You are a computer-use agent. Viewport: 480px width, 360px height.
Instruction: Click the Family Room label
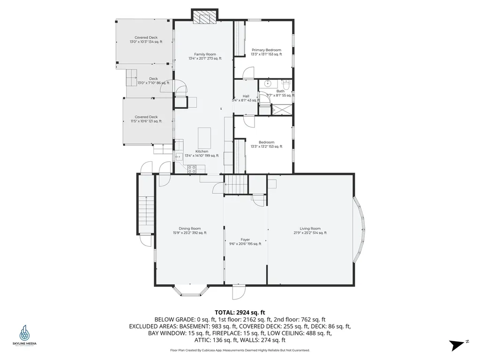(x=205, y=54)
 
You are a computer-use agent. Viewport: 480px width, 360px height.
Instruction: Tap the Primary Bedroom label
(x=266, y=50)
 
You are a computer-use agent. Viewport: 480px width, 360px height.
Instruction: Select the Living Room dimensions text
(x=310, y=232)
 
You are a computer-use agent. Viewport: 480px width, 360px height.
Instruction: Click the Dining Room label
(x=189, y=228)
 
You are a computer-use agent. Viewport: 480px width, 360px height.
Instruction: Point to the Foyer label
(x=245, y=240)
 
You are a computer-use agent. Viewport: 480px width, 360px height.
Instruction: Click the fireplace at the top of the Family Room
(x=205, y=17)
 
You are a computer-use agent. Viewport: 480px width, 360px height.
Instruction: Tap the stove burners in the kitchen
(x=192, y=169)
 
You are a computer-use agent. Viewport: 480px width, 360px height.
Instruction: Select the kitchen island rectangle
(x=204, y=137)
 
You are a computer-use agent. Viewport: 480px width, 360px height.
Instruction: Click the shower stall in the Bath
(x=283, y=109)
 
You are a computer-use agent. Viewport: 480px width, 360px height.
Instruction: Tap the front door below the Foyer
(x=239, y=292)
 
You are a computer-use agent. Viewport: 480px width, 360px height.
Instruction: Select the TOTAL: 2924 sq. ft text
(x=240, y=312)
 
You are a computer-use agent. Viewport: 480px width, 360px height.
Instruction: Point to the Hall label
(x=246, y=96)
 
